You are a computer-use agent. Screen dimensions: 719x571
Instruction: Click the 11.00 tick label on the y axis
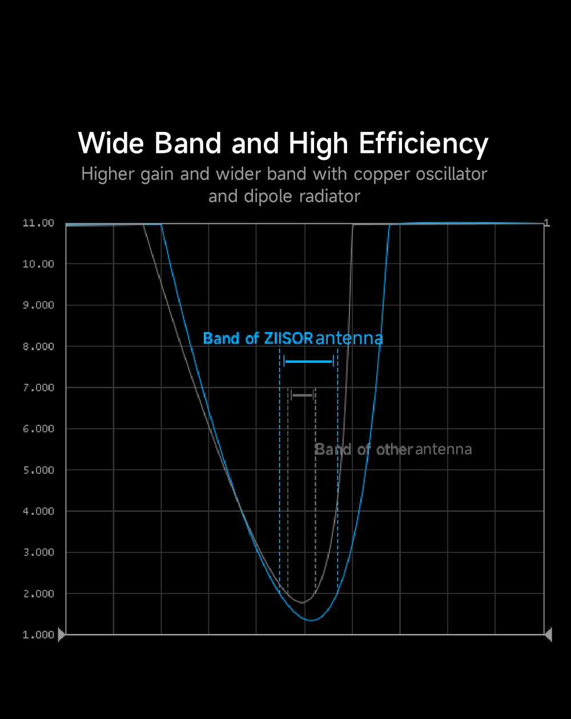pos(38,223)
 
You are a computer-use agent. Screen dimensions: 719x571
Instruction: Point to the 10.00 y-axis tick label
pos(38,264)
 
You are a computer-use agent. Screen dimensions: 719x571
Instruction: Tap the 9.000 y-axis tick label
pos(38,305)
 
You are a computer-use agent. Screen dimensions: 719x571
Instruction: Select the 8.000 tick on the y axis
pos(38,346)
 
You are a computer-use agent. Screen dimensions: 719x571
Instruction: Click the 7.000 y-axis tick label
pos(38,388)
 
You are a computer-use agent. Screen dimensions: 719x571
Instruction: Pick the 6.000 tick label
pos(38,429)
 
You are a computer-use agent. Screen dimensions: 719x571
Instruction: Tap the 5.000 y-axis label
pos(38,470)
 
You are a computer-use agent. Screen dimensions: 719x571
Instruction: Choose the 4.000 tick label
pos(38,511)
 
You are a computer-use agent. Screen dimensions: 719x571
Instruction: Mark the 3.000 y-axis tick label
pos(38,552)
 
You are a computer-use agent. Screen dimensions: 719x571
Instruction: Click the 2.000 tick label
pos(38,594)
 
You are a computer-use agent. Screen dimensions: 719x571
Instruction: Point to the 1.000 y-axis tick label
pos(38,635)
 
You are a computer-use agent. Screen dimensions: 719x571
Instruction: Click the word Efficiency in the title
pos(423,143)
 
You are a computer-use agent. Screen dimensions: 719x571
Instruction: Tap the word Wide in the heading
pos(111,143)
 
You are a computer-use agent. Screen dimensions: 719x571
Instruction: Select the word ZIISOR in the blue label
pos(288,338)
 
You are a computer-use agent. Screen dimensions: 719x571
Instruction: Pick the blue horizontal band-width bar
pos(308,361)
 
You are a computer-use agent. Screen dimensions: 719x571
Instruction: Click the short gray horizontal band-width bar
pos(303,395)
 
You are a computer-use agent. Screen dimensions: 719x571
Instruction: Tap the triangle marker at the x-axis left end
pos(62,634)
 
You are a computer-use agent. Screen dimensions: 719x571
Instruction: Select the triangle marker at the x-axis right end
pos(548,634)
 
